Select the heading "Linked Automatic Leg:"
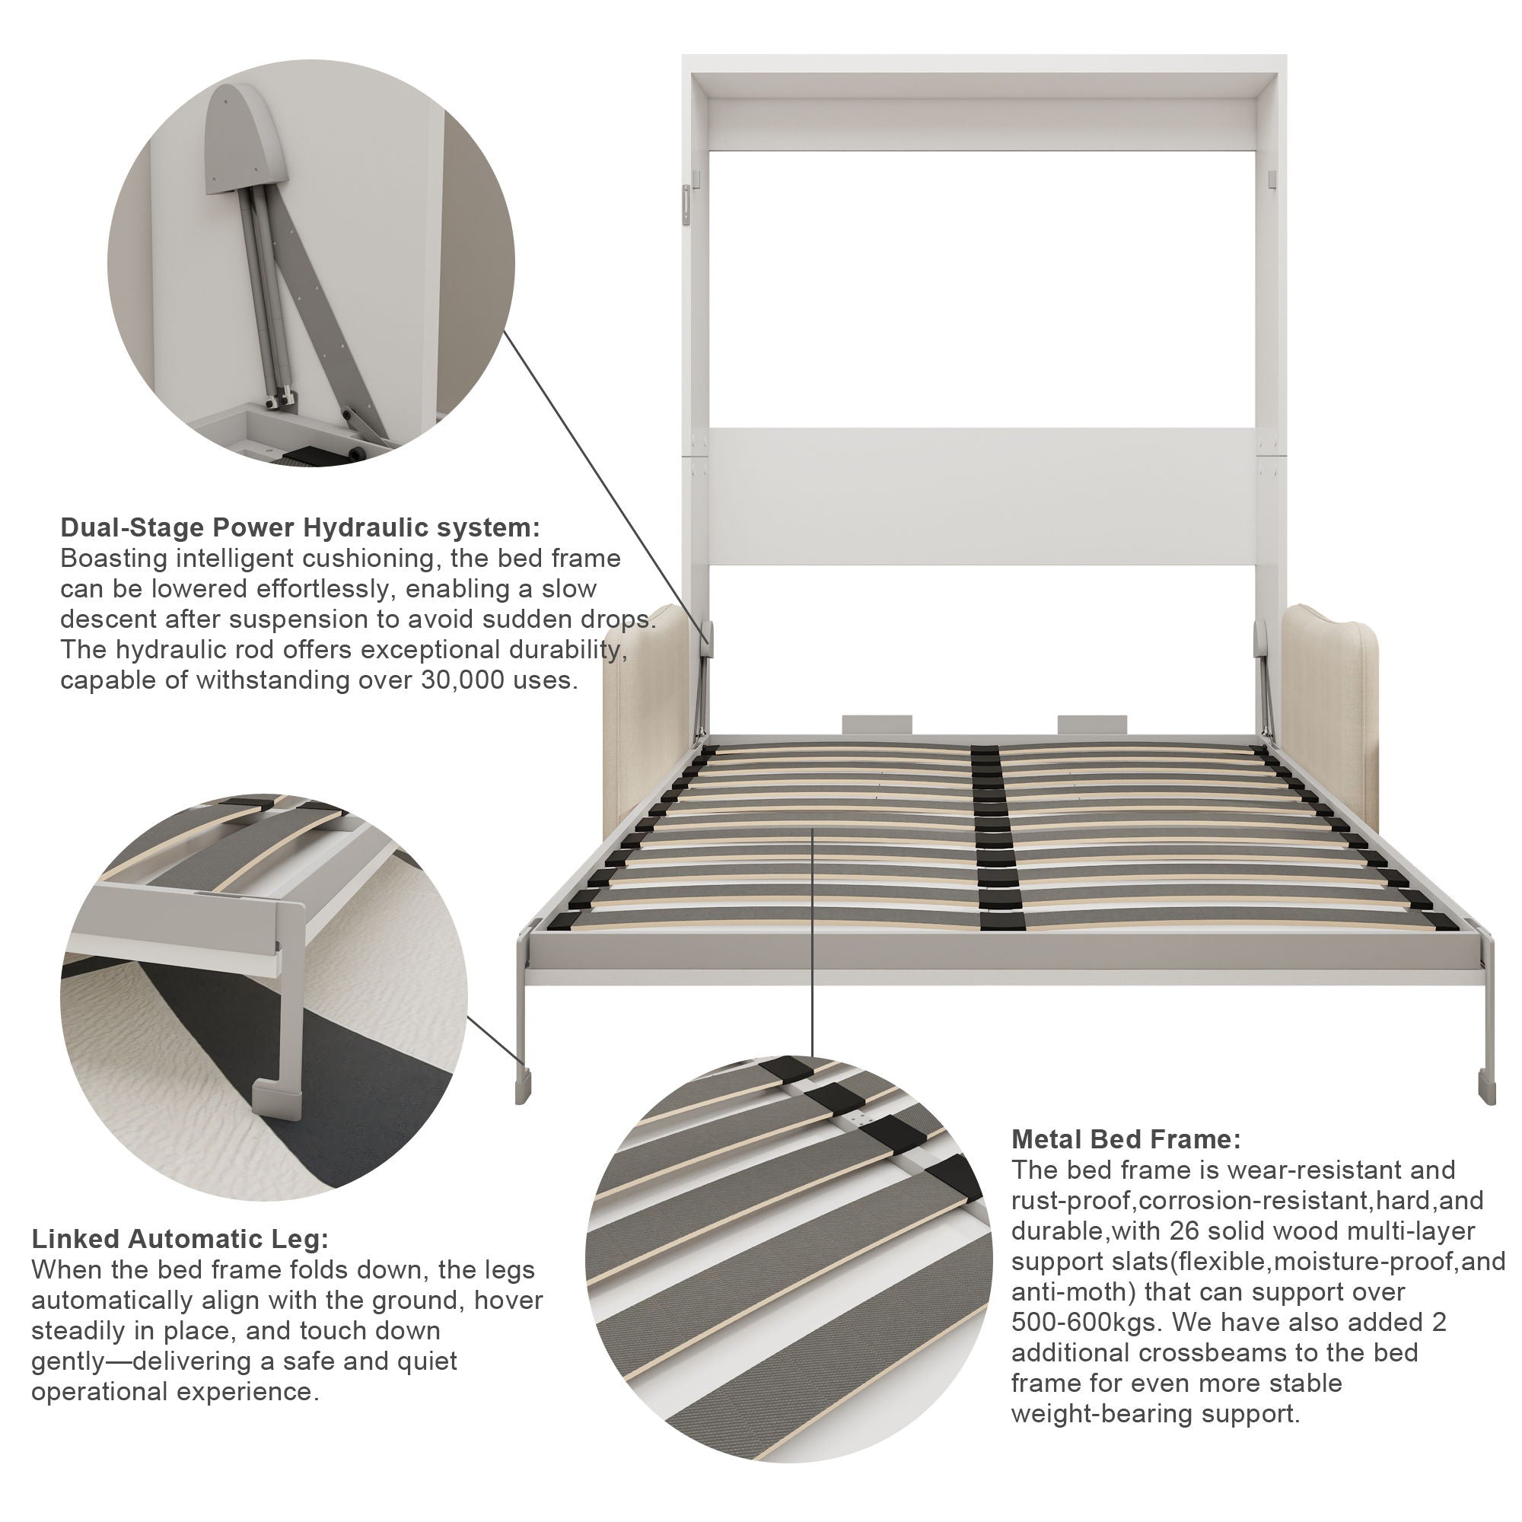point(180,1239)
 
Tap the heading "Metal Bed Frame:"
point(1126,1139)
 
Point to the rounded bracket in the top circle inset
point(240,140)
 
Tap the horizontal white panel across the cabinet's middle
point(982,496)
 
